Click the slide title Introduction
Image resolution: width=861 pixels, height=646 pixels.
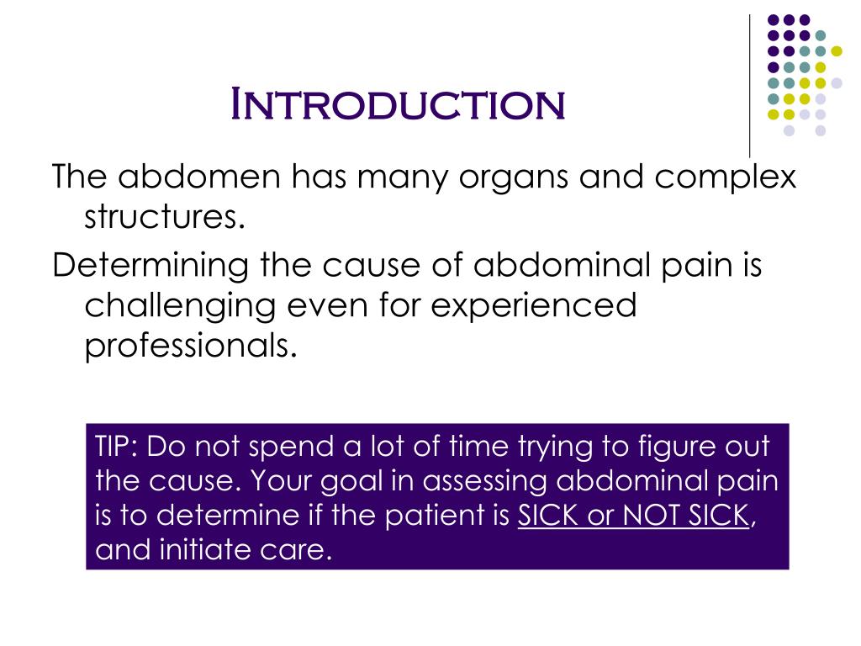(x=398, y=103)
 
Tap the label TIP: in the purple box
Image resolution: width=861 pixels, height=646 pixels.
(x=118, y=446)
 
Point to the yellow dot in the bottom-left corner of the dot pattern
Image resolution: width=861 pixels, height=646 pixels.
(x=771, y=114)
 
